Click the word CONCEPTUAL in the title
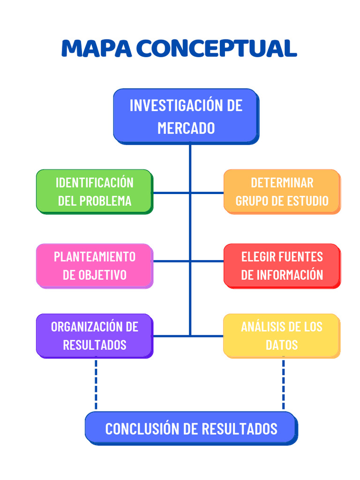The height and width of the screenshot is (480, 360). tap(217, 48)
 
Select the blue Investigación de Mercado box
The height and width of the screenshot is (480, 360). tap(186, 116)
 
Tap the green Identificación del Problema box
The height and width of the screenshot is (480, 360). tap(94, 191)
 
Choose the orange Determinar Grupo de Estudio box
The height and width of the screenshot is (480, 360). tap(282, 191)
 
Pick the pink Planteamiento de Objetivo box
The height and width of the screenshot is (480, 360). tap(94, 265)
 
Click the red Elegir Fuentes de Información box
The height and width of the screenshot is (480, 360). tap(282, 265)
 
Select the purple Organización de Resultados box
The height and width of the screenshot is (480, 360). tap(94, 336)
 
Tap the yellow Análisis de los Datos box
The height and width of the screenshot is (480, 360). tap(282, 336)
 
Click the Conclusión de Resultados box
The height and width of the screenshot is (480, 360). tap(191, 428)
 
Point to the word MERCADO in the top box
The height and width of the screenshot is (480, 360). tap(186, 128)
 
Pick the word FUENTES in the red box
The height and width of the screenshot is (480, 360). tap(301, 256)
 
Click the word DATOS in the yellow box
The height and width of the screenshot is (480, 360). tap(282, 345)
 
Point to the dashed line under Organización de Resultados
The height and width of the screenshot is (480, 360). tap(96, 384)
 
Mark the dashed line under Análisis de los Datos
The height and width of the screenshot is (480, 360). tap(283, 384)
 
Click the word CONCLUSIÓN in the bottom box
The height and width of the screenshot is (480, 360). tap(142, 428)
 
